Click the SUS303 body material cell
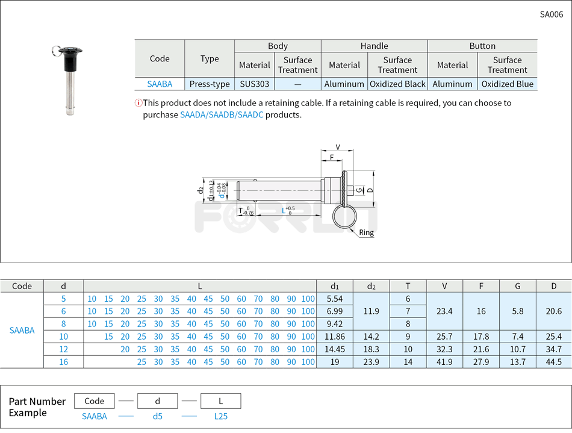pos(255,84)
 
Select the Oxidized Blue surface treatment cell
pos(507,84)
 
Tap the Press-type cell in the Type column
pos(210,84)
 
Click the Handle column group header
pos(374,46)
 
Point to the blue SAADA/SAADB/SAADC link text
pos(222,114)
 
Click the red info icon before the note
pos(138,103)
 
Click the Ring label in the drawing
pos(366,232)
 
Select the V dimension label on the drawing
pos(337,148)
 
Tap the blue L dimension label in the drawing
pos(284,210)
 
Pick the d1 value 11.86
pos(334,337)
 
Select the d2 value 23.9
pos(371,362)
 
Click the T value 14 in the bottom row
pos(408,362)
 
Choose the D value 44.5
pos(553,362)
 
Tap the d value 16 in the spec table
pos(64,362)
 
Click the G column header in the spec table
pos(517,286)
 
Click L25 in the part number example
pos(220,416)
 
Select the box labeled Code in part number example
pos(95,401)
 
